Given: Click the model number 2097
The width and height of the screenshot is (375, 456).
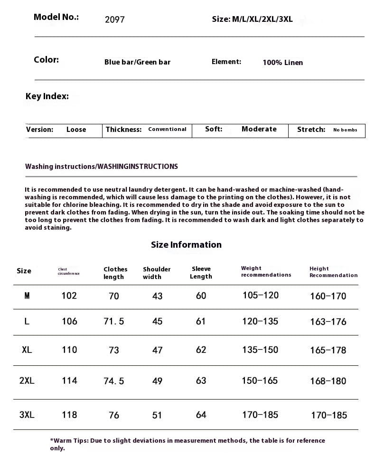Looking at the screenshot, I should [x=114, y=20].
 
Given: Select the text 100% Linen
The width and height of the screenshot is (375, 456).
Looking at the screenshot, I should [x=282, y=63].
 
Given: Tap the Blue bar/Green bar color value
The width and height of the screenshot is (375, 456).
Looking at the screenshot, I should [x=137, y=62].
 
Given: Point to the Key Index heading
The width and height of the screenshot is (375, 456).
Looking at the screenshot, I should [x=47, y=96].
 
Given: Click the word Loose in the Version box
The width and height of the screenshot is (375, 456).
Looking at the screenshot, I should [x=76, y=130].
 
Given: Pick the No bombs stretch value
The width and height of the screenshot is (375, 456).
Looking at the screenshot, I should [x=345, y=130].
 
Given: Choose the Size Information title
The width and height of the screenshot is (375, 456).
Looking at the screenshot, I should [x=186, y=245].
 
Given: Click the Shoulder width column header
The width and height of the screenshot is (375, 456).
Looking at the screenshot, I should [x=157, y=273].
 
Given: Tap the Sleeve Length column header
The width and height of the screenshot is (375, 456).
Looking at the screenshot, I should [x=201, y=272].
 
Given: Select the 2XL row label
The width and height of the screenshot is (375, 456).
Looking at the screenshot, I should [x=27, y=381].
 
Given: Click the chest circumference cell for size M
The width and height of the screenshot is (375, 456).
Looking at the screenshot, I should [x=69, y=296].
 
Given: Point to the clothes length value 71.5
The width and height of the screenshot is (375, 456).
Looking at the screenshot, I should [x=114, y=321].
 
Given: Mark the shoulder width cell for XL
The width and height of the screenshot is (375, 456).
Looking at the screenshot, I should [x=157, y=350].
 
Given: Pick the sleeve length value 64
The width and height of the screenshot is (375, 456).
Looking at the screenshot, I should [x=201, y=415].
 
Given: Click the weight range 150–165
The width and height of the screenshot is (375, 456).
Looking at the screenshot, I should [x=260, y=381].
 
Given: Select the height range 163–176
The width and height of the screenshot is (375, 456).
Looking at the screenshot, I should [x=328, y=322].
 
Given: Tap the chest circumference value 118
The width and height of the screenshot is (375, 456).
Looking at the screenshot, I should [x=69, y=415].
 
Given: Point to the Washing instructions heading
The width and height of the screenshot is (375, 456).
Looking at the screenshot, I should [x=102, y=167].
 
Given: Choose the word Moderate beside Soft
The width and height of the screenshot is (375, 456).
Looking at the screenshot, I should [x=259, y=129].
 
